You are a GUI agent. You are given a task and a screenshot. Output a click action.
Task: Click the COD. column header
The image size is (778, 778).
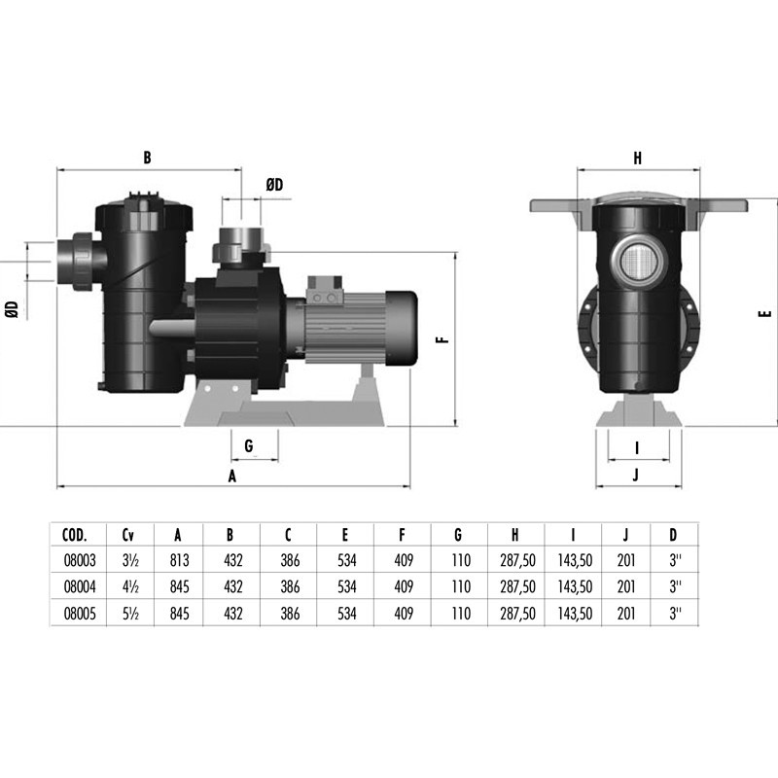75,535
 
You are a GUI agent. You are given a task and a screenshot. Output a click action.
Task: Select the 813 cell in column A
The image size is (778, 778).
179,560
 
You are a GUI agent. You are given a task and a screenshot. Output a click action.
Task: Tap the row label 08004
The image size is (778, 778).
80,587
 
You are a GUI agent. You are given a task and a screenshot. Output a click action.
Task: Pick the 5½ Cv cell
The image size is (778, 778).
130,614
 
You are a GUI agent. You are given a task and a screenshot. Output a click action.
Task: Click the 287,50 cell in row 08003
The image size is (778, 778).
517,561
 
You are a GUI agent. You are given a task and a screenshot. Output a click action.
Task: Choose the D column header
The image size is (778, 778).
673,535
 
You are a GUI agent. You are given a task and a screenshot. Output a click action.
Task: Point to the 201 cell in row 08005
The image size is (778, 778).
626,614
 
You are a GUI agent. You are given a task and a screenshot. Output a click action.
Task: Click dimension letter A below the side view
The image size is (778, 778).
231,477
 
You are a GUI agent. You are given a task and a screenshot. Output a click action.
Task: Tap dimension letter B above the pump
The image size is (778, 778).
147,158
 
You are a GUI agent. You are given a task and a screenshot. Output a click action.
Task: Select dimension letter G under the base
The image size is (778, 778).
249,445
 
